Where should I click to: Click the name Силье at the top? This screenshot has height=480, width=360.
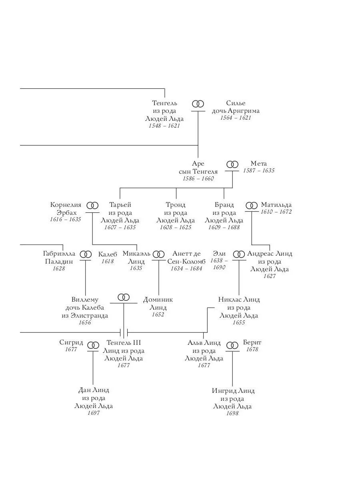(236, 103)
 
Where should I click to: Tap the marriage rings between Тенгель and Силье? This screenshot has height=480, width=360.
(198, 104)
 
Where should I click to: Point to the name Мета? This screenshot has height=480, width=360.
(258, 164)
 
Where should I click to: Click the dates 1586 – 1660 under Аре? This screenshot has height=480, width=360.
(198, 178)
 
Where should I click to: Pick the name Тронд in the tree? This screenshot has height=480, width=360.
(176, 205)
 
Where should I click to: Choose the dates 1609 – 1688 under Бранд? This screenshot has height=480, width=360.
(224, 227)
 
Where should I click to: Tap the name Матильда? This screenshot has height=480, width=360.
(276, 205)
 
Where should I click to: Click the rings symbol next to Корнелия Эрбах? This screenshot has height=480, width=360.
(92, 205)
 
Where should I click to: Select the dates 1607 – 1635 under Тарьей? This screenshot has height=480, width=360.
(120, 227)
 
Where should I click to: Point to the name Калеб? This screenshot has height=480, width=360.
(108, 254)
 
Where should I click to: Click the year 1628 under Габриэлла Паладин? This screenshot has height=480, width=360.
(59, 268)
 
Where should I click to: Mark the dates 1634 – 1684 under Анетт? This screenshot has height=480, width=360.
(186, 268)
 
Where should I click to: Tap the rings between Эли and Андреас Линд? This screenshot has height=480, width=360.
(239, 254)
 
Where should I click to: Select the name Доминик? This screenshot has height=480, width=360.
(158, 300)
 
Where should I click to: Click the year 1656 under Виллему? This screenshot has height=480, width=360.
(85, 322)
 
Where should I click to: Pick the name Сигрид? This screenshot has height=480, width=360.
(71, 342)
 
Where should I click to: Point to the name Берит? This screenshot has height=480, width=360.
(252, 342)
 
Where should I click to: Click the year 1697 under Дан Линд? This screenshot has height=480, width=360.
(93, 413)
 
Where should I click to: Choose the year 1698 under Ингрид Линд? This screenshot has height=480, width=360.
(232, 413)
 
